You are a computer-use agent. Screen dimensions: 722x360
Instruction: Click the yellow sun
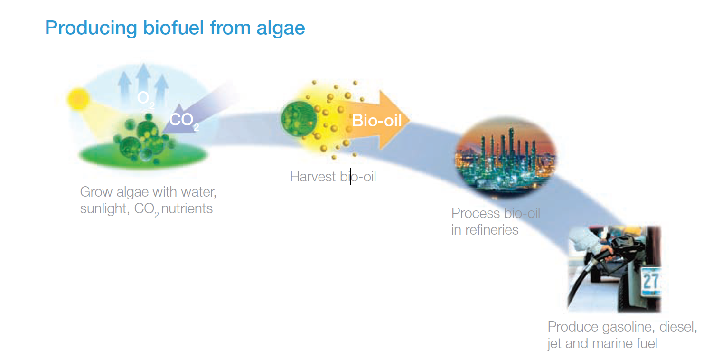(x=78, y=99)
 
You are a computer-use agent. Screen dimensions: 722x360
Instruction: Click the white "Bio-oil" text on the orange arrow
(x=376, y=121)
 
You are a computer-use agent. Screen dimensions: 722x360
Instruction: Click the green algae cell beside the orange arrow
(x=299, y=119)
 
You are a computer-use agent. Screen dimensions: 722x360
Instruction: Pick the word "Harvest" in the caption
(x=313, y=177)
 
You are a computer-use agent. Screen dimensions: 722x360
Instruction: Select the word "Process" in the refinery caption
(x=476, y=213)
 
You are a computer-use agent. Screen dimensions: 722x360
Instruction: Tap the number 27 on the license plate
(x=651, y=281)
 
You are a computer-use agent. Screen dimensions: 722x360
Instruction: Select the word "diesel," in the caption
(x=678, y=327)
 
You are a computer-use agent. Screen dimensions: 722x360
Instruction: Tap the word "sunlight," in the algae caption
(x=105, y=208)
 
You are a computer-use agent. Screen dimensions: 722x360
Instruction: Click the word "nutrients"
(x=187, y=208)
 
